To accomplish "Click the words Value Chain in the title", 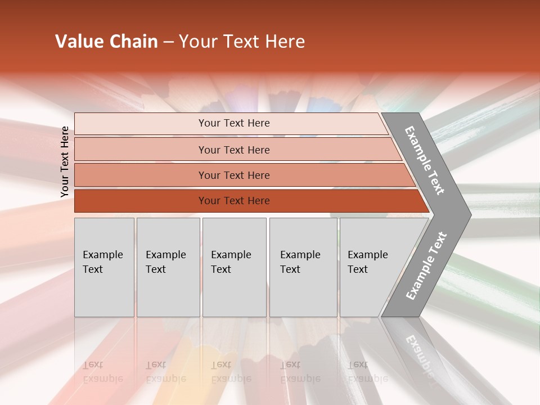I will coord(106,42).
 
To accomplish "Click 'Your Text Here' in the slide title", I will coord(242,42).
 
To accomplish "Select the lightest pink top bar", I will coord(141,123).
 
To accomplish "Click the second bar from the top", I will coord(141,150).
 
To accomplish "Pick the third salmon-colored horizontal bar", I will coord(141,175).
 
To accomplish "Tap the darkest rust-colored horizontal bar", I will coord(141,201).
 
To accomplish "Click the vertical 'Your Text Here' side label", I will coord(65,161).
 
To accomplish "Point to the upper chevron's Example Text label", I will coord(425,160).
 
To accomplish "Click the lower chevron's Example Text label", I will coord(426,266).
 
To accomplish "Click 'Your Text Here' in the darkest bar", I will coord(234,201).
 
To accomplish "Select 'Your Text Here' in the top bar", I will coord(234,123).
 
